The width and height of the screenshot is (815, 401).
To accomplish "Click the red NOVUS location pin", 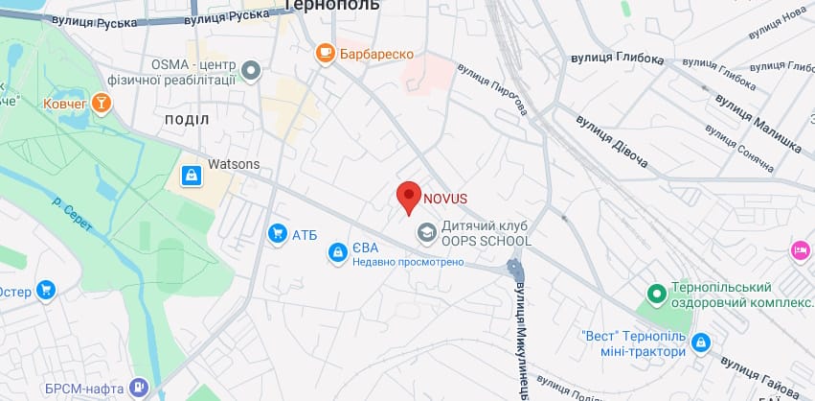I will [409, 197].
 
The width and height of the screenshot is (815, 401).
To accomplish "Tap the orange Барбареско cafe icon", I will [326, 53].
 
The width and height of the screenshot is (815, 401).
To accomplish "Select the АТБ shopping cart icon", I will [278, 233].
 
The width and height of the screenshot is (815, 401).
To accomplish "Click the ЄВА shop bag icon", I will [337, 251].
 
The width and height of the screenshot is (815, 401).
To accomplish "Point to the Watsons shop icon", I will [192, 176].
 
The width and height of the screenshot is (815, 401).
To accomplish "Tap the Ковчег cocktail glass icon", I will [102, 102].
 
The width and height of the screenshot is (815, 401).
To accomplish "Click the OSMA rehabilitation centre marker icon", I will [251, 70].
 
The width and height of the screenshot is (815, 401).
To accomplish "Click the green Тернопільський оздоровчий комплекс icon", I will [657, 295].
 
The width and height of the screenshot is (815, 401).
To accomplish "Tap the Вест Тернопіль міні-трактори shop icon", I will [701, 342].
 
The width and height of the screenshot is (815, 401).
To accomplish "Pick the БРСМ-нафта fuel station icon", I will [140, 387].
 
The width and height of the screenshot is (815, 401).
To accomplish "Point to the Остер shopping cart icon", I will [45, 290].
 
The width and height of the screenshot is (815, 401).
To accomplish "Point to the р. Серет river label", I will [72, 210].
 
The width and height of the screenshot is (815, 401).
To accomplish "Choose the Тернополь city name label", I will [332, 6].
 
